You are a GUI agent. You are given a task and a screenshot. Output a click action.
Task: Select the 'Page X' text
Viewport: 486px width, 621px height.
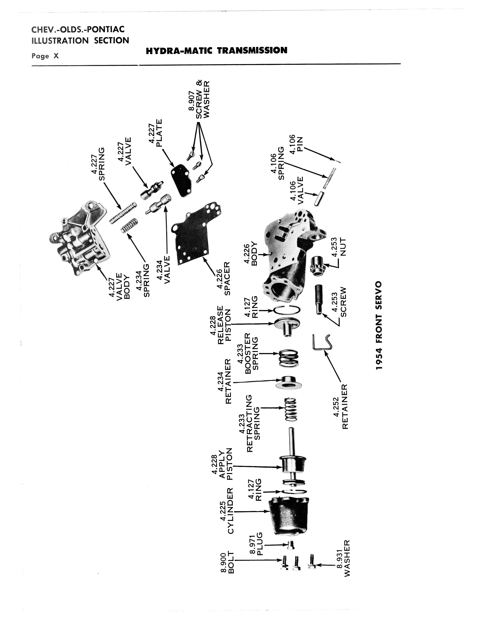[45, 56]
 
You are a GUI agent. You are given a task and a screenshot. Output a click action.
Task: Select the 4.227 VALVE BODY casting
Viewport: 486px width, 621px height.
[80, 237]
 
